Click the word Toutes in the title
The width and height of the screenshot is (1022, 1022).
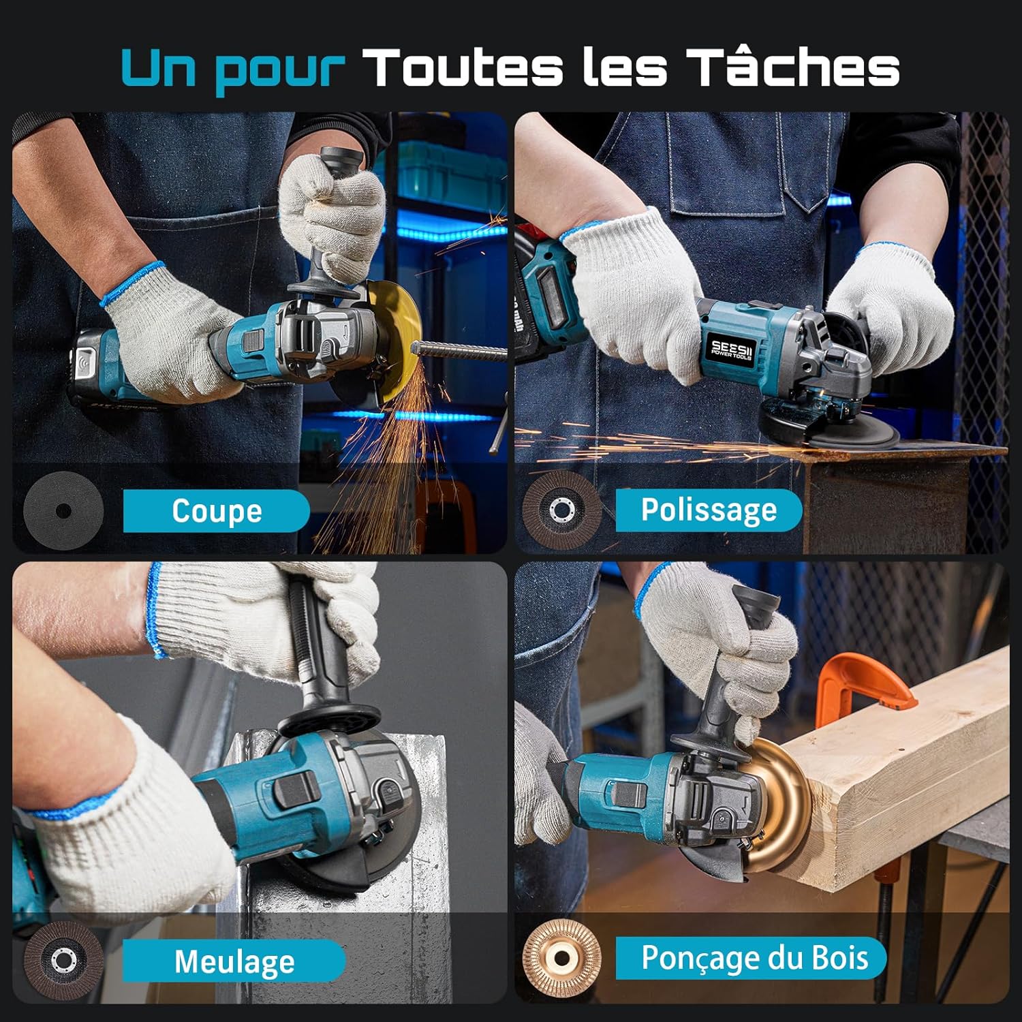463,67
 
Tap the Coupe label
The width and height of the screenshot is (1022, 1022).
216,510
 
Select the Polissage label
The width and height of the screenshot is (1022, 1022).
709,510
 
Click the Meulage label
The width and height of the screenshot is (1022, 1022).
234,961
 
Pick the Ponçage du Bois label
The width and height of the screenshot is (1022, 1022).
754,957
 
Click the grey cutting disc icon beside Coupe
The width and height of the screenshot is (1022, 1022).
63,510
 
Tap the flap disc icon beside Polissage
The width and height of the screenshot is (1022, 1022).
561,510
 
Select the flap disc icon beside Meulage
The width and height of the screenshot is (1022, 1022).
63,961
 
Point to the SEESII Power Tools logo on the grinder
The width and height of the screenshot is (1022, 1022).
731,348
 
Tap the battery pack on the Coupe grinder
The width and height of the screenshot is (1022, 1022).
95,368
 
